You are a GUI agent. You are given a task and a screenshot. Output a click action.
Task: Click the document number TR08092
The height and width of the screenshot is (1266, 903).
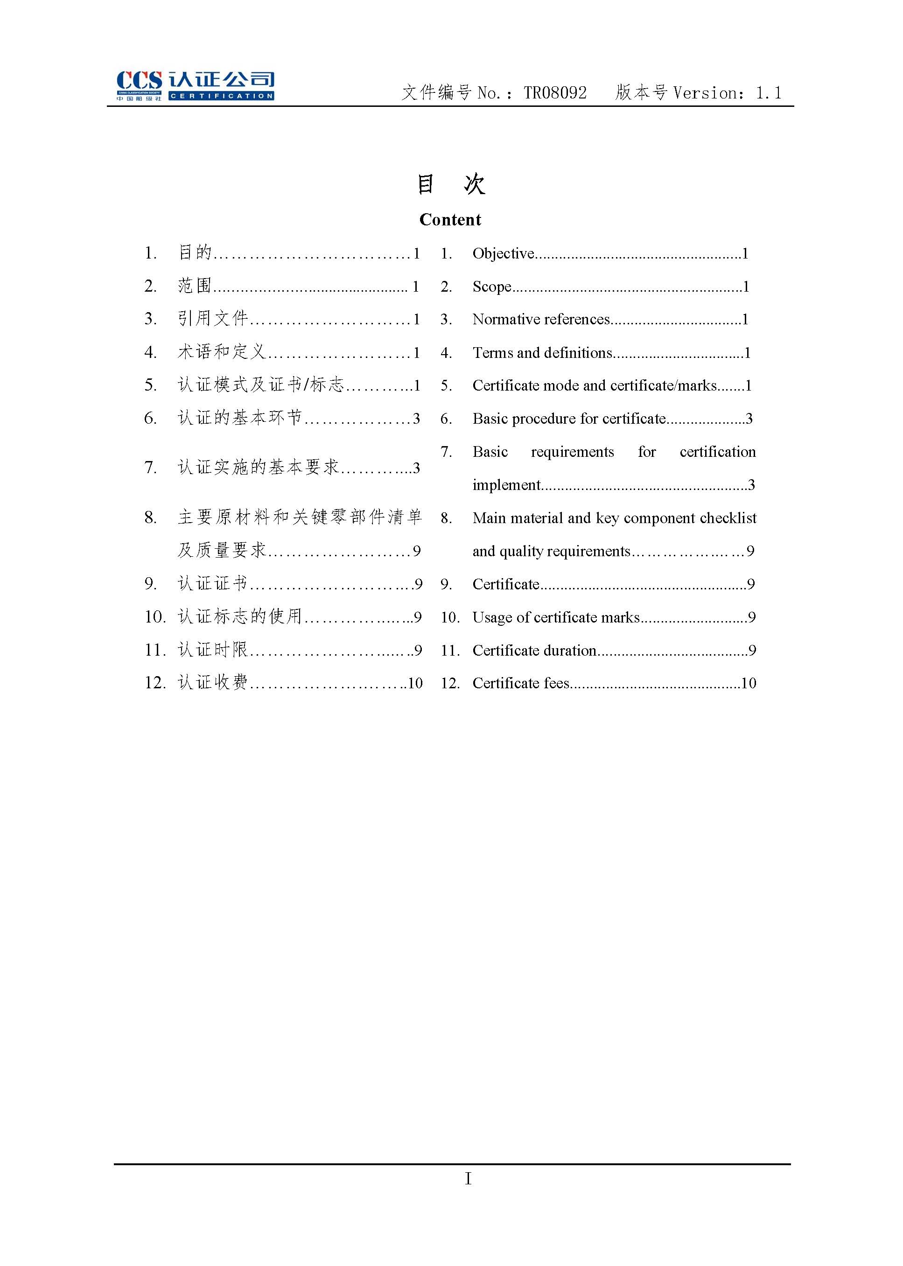pos(555,93)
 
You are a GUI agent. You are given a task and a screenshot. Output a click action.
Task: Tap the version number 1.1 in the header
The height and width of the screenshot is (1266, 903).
pos(769,93)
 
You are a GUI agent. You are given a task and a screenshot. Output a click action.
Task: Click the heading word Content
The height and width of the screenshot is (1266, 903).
pos(450,220)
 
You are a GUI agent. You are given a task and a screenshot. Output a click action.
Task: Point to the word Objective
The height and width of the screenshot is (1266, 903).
pos(503,253)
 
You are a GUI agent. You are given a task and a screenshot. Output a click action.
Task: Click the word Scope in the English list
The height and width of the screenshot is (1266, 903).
pos(491,287)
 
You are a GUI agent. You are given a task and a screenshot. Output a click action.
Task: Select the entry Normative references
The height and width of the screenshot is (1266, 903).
pos(540,319)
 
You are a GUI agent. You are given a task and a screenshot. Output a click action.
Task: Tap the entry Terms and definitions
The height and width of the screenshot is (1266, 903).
pos(542,352)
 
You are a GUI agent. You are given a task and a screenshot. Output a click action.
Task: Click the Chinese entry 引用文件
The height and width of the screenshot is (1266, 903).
pos(212,319)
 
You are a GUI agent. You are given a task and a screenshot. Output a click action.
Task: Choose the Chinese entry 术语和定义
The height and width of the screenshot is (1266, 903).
pos(221,352)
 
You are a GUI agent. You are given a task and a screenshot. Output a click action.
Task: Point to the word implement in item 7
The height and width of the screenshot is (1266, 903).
pos(506,485)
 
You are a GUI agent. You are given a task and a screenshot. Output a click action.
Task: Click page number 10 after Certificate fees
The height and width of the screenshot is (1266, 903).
pos(749,683)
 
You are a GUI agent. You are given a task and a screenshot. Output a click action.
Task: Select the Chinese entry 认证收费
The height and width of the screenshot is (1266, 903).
pos(212,682)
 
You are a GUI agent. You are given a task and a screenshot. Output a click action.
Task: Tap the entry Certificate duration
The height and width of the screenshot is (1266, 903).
pos(534,650)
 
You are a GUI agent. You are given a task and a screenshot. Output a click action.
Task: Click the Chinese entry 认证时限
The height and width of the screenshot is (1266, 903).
pos(212,650)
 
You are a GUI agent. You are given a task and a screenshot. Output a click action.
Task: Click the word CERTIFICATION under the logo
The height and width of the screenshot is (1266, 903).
pos(221,96)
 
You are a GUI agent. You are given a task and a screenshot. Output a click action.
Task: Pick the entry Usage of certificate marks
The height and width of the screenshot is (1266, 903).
pos(555,617)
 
